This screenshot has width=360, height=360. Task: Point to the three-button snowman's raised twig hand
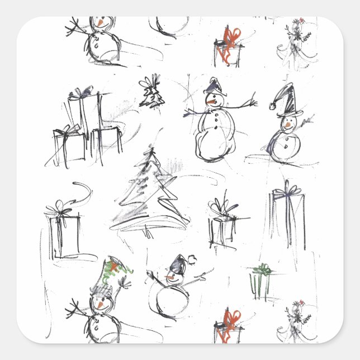pos(252,102)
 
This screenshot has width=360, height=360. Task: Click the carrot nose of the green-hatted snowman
pos(98,305)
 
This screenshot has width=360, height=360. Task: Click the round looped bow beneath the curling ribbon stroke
pos(59,210)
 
